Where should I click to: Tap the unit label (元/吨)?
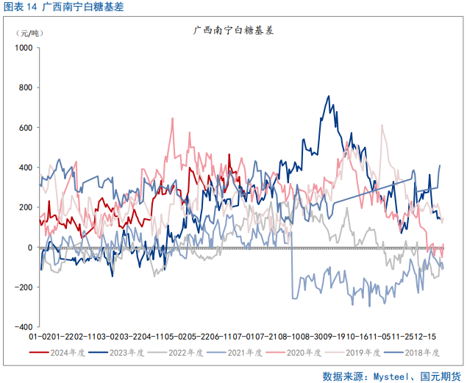[32, 33]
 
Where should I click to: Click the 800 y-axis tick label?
[26, 87]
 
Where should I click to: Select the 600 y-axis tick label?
[26, 128]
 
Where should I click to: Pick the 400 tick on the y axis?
[26, 168]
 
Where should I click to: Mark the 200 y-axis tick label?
[26, 207]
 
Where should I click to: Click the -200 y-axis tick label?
[24, 287]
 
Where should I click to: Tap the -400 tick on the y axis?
[24, 327]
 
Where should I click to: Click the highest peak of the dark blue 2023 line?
[328, 96]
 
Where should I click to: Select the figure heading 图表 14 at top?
[20, 8]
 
